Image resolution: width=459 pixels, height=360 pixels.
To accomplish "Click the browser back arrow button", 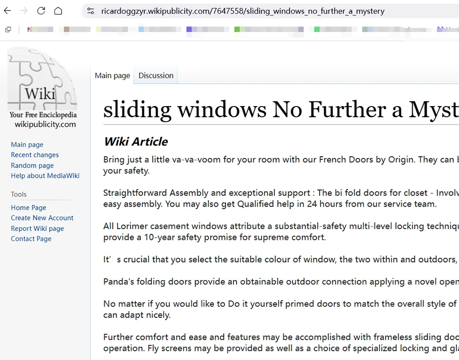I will (x=8, y=11).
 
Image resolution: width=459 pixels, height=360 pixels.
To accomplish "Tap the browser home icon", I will (x=58, y=11).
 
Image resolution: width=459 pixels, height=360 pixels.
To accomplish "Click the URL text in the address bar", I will (x=243, y=11).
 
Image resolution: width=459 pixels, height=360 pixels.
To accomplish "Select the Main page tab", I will (x=112, y=76).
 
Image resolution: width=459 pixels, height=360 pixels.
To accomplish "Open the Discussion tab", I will (x=156, y=76).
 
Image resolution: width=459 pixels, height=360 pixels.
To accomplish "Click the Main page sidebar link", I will (x=27, y=145).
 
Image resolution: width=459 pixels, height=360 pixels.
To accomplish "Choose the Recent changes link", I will (x=35, y=155).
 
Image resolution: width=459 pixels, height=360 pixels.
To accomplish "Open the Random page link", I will (x=32, y=165).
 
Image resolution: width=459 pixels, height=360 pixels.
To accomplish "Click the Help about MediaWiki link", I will (x=45, y=176).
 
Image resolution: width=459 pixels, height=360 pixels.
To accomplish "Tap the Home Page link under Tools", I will (x=28, y=208).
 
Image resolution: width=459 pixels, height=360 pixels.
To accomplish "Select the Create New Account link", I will (x=42, y=218).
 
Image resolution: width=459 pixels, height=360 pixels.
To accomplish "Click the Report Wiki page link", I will (x=37, y=228).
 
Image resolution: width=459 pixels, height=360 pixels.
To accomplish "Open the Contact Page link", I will (x=31, y=239).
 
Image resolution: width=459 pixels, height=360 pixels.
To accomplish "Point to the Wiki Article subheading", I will (x=136, y=141).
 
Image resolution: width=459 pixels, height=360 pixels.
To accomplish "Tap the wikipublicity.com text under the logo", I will (x=45, y=124).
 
